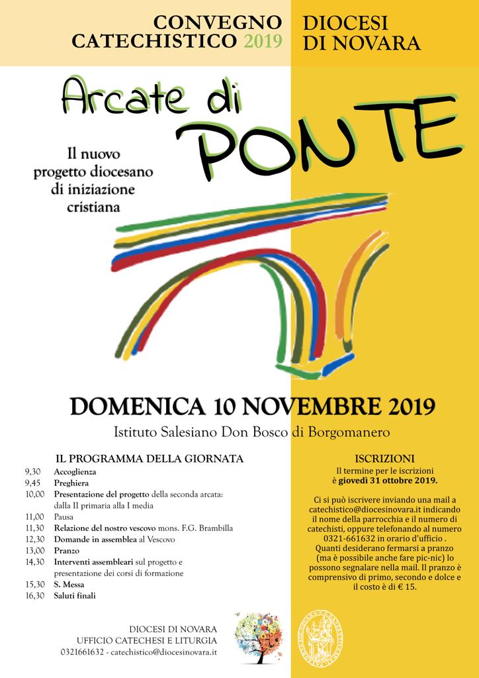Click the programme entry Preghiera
[x=72, y=483]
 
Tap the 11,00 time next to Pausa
[x=35, y=516]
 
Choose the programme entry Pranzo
[x=67, y=551]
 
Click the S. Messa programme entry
[x=69, y=585]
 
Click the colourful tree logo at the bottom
[x=257, y=636]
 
